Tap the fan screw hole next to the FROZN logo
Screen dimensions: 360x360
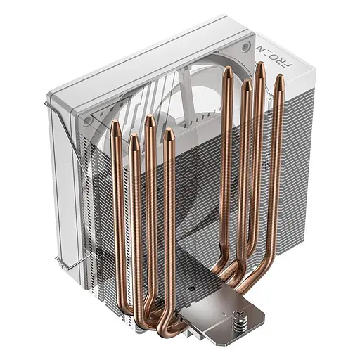[245, 47]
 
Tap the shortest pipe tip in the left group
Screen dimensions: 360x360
[132, 139]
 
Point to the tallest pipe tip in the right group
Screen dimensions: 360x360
[260, 67]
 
